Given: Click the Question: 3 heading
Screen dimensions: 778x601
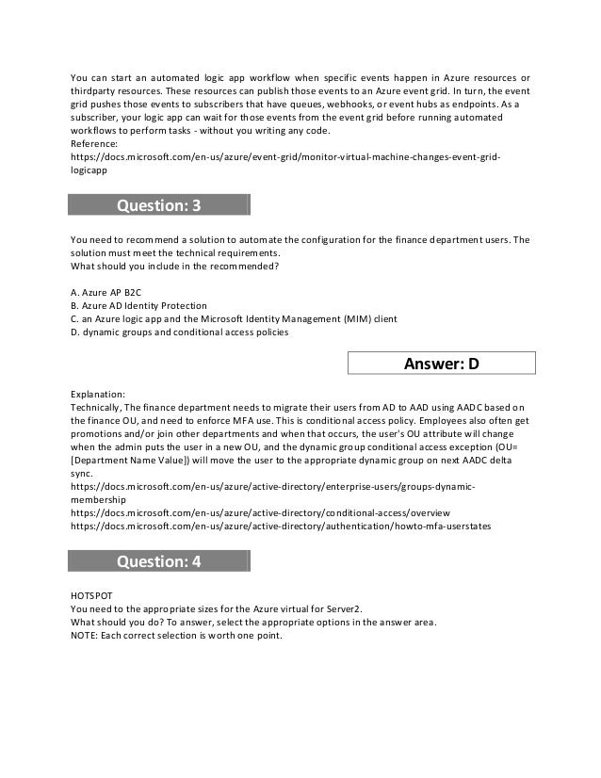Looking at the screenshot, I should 158,205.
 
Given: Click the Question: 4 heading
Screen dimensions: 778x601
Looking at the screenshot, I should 158,562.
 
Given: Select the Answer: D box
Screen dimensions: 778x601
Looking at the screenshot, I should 442,364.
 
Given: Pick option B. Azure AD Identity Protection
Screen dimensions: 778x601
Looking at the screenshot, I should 139,306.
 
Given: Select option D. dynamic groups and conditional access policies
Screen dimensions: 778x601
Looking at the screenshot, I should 180,332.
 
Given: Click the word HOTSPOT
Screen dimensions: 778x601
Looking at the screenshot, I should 91,595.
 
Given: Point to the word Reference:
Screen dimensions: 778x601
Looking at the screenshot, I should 96,143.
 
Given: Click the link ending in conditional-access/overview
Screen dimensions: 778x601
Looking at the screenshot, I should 260,512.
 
